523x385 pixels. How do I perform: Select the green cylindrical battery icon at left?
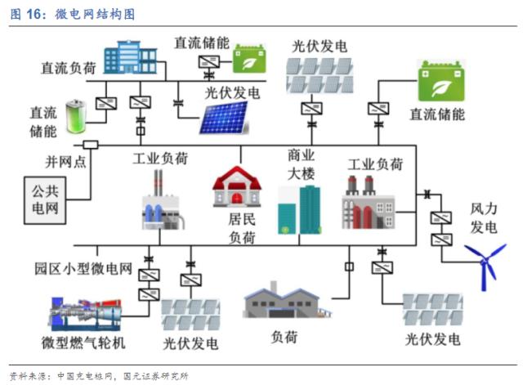74,115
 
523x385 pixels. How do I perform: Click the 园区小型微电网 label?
83,267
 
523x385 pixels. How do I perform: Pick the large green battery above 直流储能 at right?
440,81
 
